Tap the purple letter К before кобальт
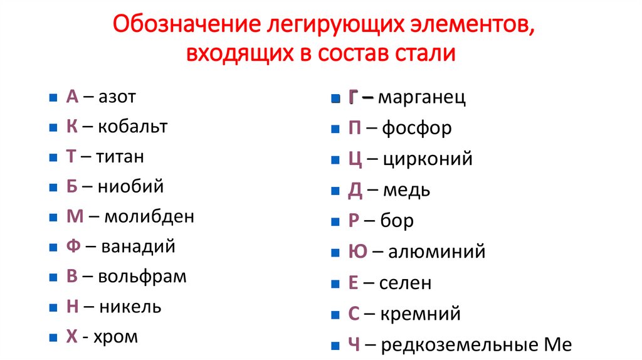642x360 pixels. coord(71,127)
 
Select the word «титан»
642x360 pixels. coord(120,157)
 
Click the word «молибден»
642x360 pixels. coord(149,216)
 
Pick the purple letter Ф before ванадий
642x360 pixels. coord(73,246)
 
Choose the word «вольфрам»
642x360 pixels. coord(142,277)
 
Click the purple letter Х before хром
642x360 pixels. coord(71,337)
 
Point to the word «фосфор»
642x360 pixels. coord(417,129)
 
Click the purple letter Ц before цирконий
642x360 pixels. coord(355,159)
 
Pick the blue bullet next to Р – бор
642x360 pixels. coord(335,221)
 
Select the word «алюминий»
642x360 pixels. coord(437,252)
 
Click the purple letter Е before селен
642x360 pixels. coord(354,283)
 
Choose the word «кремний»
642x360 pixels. coord(420,314)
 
